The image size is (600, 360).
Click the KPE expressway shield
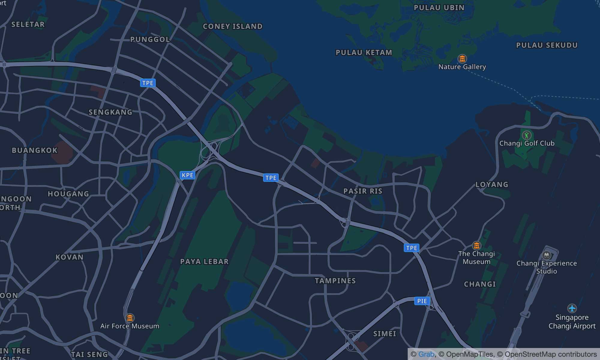point(187,175)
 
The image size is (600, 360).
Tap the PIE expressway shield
point(422,301)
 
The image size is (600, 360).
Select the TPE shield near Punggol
point(148,83)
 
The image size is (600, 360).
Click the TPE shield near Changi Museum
point(412,248)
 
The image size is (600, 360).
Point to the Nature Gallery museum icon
point(462,58)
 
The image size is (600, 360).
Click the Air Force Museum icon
point(130,318)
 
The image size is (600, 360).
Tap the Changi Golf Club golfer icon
point(527,135)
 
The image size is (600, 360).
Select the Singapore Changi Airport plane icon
point(572,308)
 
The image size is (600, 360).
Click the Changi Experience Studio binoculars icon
point(547,255)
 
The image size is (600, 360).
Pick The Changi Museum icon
point(477,246)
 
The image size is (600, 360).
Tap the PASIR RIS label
point(363,191)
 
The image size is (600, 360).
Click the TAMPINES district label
point(335,281)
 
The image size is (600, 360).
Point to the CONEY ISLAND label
point(233,26)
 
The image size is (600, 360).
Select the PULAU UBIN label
point(439,8)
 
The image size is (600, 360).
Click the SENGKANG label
point(110,112)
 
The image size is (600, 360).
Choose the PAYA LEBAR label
point(205,262)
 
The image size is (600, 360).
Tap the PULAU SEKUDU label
point(547,45)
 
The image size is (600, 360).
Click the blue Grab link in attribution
point(426,354)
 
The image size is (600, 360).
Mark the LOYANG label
point(492,184)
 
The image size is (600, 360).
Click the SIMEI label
point(385,334)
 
